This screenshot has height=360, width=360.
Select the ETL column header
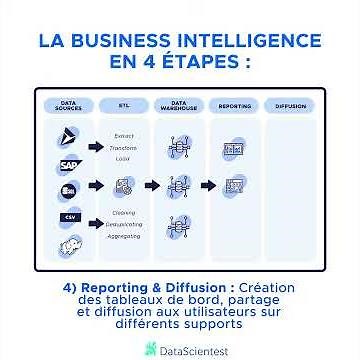[123, 105]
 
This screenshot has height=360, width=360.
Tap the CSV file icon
[67, 217]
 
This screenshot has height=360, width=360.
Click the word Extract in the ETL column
[124, 136]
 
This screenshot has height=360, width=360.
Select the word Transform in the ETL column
[124, 147]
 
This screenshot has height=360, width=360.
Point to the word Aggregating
[124, 236]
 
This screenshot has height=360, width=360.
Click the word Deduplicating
[124, 225]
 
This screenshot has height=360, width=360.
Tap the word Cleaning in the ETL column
[124, 213]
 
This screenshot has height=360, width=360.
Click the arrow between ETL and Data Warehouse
[151, 185]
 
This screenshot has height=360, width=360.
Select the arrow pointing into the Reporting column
[208, 185]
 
